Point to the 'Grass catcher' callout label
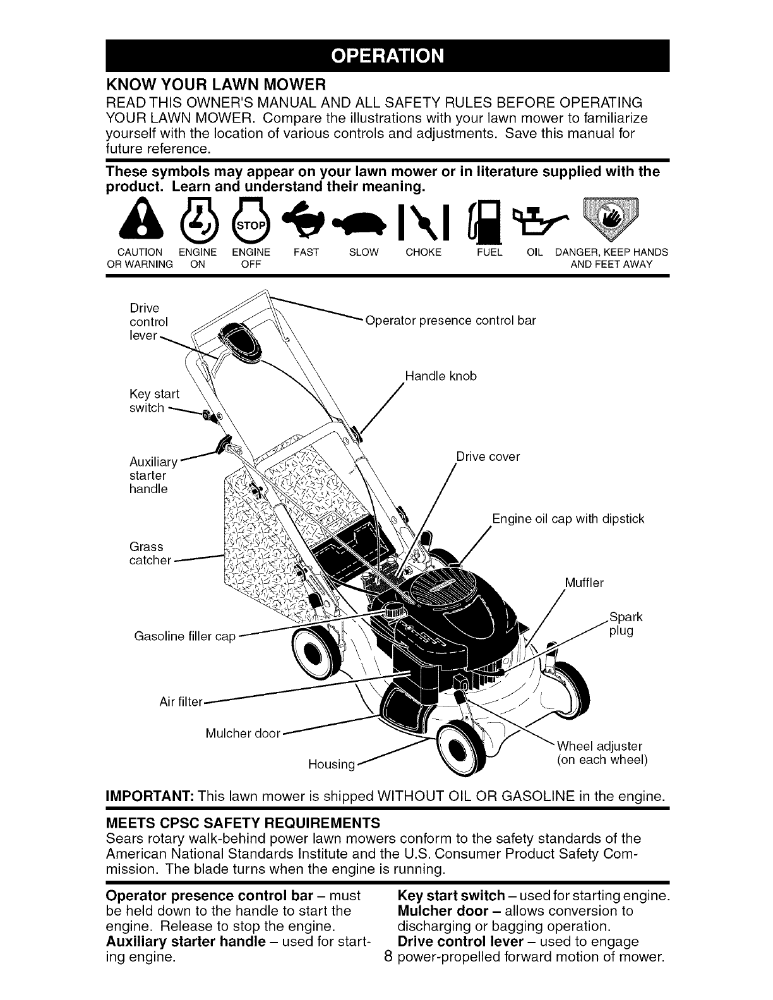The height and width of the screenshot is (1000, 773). (x=150, y=553)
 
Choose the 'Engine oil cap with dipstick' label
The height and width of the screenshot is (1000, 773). (x=568, y=519)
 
